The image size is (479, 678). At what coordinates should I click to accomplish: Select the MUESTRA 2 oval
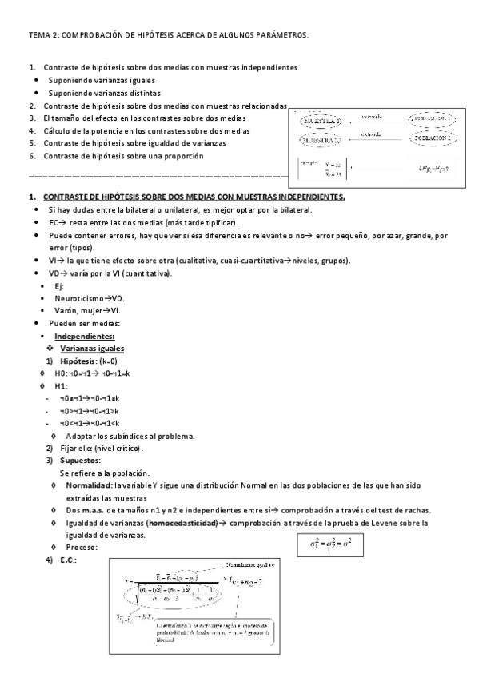tap(322, 139)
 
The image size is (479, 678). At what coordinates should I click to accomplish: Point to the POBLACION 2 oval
tap(434, 138)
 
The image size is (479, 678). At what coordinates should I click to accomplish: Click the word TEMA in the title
tap(38, 35)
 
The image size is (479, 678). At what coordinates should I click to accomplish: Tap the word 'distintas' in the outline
tap(139, 93)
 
